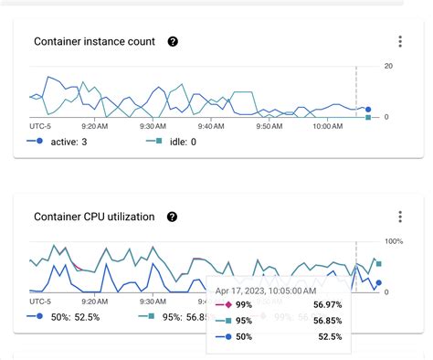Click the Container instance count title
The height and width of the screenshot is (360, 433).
point(95,42)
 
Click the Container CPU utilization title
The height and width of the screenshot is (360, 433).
point(94,217)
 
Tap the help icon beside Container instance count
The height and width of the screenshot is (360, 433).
point(173,42)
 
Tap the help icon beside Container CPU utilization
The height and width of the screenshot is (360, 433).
point(172,217)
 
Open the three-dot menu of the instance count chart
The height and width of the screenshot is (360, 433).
point(400,42)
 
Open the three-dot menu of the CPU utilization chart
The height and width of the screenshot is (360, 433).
point(400,217)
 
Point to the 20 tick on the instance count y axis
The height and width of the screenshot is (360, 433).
point(388,67)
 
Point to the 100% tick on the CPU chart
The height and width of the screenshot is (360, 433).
point(394,241)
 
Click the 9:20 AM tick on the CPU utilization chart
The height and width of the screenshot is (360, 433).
point(96,301)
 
